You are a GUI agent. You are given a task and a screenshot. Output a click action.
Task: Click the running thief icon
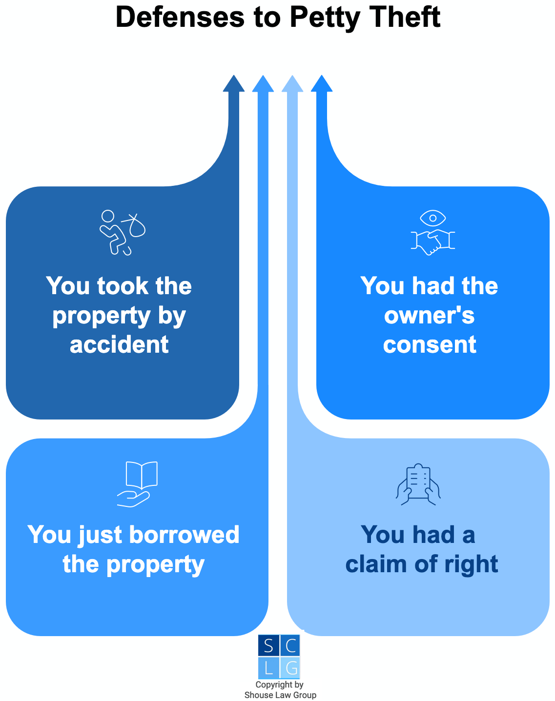[x=123, y=233]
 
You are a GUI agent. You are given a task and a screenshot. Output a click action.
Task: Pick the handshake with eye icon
[x=432, y=233]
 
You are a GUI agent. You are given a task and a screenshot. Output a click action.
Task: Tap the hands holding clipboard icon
[x=418, y=484]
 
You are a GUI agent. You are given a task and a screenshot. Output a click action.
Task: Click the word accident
[x=119, y=344]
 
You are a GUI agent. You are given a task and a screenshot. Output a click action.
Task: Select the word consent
[x=430, y=344]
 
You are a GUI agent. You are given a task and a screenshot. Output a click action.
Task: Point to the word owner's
[x=430, y=316]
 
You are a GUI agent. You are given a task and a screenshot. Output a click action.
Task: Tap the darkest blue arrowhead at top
[x=234, y=84]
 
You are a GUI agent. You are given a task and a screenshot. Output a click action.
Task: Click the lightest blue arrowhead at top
[x=292, y=84]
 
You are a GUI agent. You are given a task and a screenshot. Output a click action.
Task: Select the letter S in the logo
[x=268, y=646]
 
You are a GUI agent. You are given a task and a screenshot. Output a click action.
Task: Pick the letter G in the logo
[x=291, y=668]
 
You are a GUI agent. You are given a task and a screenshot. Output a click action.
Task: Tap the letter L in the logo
[x=268, y=668]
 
